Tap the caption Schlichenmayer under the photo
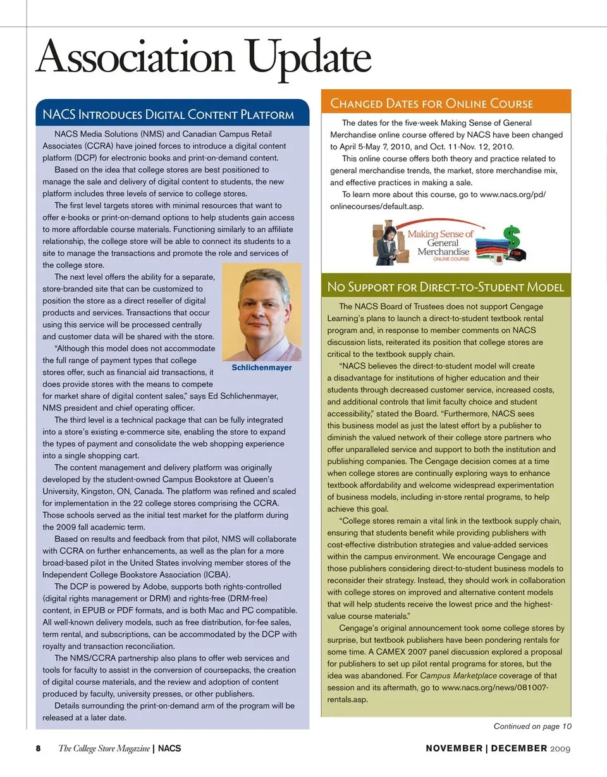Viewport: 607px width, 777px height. pyautogui.click(x=262, y=368)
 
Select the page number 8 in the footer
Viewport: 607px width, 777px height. pyautogui.click(x=38, y=749)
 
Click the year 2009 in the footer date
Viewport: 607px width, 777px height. pyautogui.click(x=560, y=749)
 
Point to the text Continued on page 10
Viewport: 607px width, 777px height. pyautogui.click(x=532, y=726)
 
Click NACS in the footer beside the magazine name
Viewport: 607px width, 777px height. pyautogui.click(x=169, y=749)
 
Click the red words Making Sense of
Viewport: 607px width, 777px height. pyautogui.click(x=440, y=234)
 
